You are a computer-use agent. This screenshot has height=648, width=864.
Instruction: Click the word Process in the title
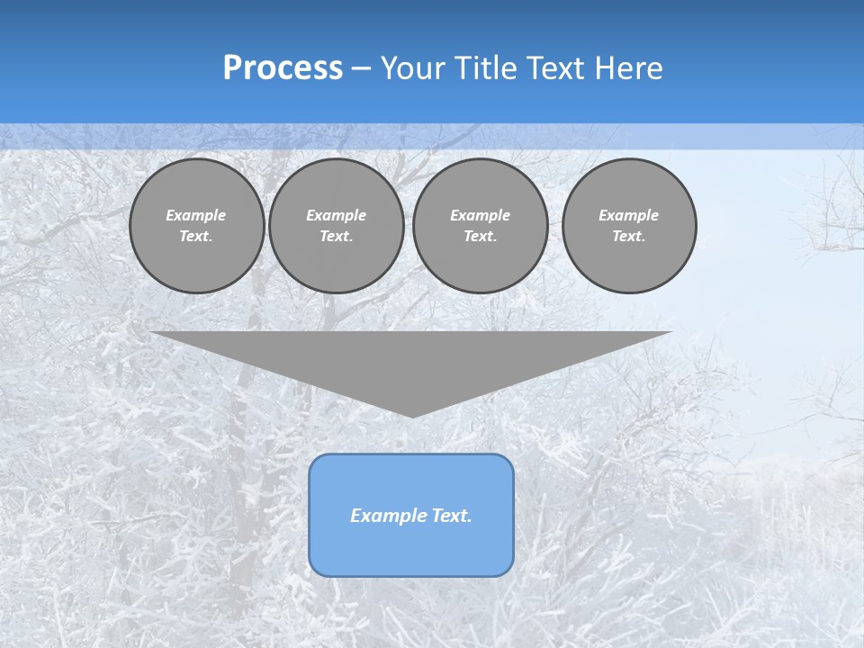pos(283,68)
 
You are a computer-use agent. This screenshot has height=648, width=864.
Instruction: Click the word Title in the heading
pos(484,68)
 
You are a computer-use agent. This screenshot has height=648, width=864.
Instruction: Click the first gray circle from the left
pos(197,226)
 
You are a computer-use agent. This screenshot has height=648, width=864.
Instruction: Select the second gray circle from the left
pos(337,226)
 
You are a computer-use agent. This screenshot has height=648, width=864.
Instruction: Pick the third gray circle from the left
pos(481,226)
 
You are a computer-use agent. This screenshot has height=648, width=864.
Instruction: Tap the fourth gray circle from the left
pos(629,226)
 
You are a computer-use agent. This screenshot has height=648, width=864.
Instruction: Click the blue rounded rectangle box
pos(411,515)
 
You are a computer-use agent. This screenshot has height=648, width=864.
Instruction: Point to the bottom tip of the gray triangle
pos(412,416)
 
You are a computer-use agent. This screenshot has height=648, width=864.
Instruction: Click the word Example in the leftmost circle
pos(196,215)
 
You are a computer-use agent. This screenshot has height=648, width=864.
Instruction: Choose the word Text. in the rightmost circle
pos(629,237)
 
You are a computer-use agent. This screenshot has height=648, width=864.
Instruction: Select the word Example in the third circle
pos(481,215)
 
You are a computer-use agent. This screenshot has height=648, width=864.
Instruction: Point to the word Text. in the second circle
pos(337,237)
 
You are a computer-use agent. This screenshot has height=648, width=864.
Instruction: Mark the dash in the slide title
pos(361,68)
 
